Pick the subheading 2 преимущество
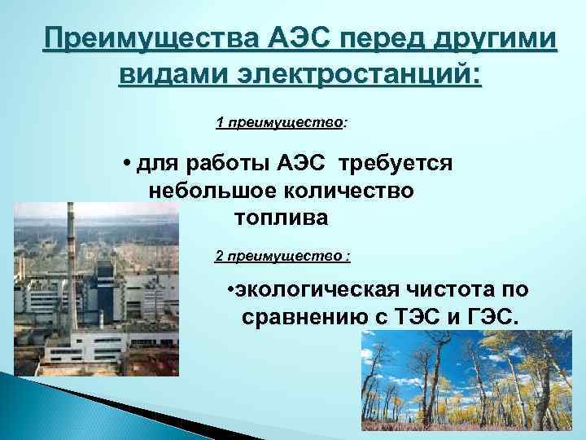point(282,257)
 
